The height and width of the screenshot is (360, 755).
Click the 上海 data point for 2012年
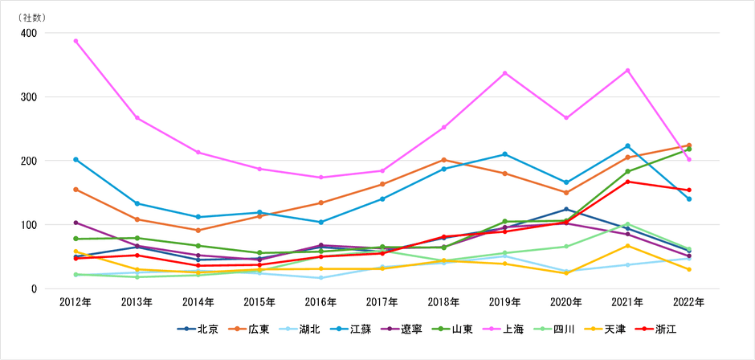click(75, 41)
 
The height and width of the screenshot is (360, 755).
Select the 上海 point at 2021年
click(627, 71)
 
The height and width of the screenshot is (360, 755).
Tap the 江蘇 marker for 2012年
click(75, 159)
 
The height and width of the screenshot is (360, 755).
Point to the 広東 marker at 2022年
click(688, 145)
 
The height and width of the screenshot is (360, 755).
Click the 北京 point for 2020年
click(566, 209)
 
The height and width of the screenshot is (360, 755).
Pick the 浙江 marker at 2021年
click(627, 182)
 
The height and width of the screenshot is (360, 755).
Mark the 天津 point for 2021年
click(627, 246)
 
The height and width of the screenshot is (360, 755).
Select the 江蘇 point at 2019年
click(504, 154)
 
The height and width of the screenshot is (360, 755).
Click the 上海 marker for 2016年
click(320, 178)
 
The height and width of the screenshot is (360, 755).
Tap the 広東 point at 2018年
click(443, 160)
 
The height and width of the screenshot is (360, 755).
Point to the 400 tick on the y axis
click(28, 33)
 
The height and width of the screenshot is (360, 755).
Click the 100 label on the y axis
click(28, 225)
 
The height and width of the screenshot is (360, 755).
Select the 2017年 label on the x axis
click(382, 302)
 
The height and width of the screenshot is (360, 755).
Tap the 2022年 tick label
click(688, 302)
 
